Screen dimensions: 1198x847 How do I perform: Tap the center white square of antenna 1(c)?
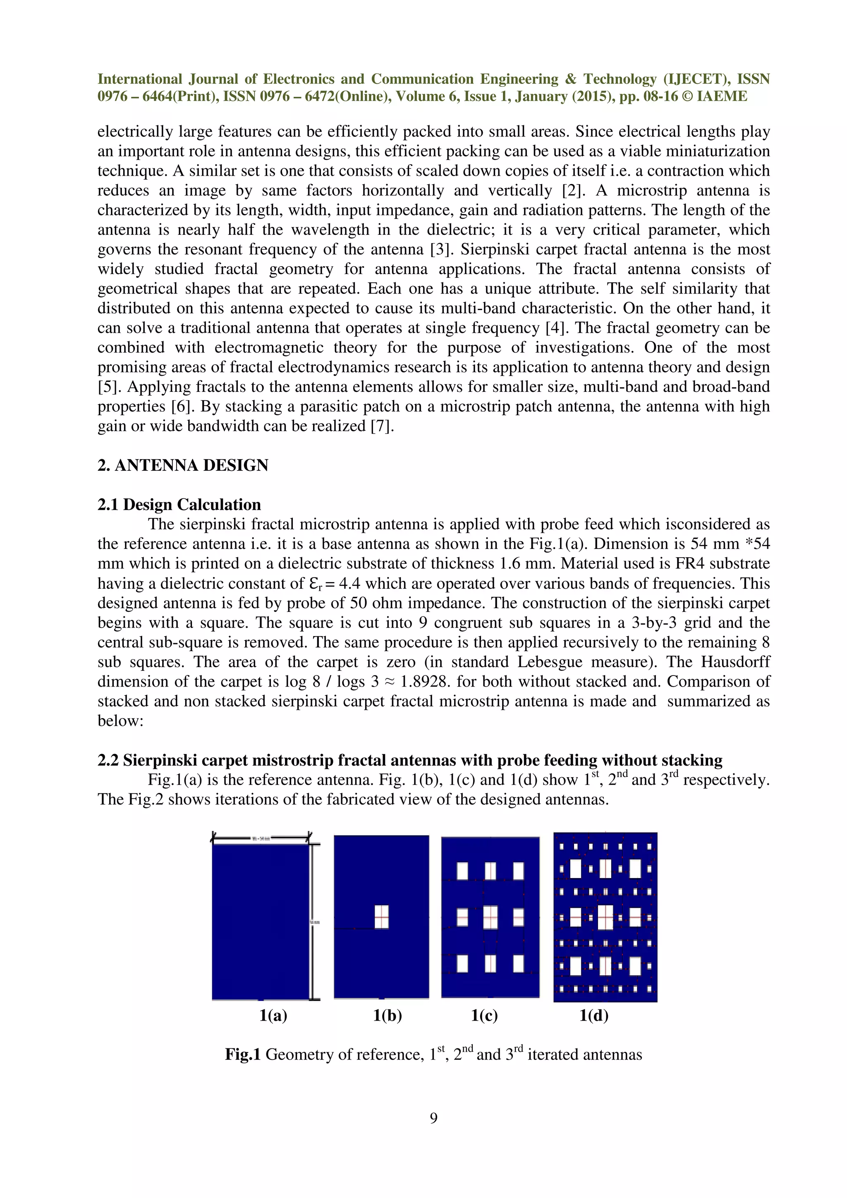coord(490,917)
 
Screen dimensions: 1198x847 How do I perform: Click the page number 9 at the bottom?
coord(433,1118)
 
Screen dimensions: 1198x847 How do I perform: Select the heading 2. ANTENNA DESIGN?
coord(183,465)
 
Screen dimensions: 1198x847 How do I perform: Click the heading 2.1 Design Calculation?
coord(179,505)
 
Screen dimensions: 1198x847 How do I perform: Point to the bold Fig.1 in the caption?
coord(243,1055)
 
